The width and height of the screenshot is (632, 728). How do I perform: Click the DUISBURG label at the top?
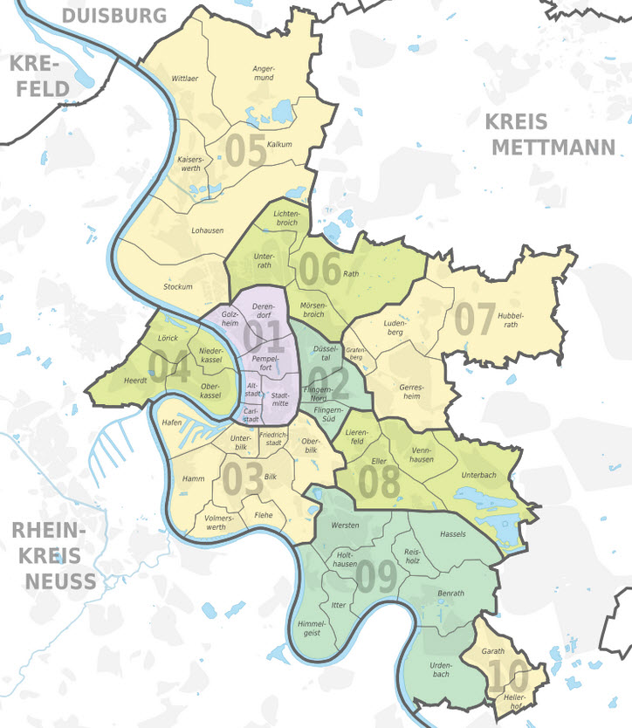coord(114,15)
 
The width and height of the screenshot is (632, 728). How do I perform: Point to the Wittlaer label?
coord(185,78)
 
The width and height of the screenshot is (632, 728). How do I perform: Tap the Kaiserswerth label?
coord(189,163)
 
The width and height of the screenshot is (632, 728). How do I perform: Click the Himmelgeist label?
coord(312,628)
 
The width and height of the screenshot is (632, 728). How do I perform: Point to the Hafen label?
coord(171,422)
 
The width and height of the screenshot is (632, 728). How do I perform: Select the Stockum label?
coord(178,287)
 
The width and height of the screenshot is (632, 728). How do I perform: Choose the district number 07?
coord(474,319)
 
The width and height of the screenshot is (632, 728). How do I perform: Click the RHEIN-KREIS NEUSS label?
coord(54,555)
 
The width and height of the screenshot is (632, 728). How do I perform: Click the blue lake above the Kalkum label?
coord(282,111)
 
